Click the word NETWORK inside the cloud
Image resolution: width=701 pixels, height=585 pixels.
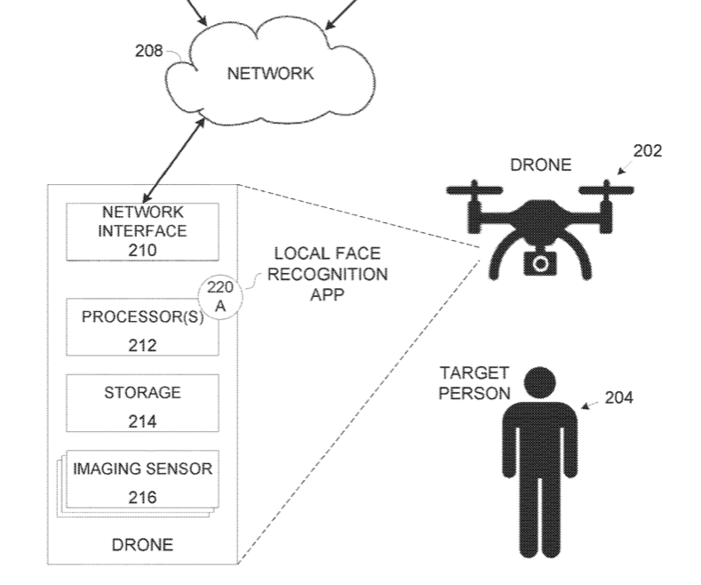[270, 74]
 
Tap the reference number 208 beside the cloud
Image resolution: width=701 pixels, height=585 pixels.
[149, 51]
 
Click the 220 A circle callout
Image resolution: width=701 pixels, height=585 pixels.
[220, 297]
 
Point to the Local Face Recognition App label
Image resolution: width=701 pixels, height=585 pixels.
[327, 274]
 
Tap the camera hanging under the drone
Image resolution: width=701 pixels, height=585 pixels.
[540, 263]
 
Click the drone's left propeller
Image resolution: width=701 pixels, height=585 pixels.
[474, 190]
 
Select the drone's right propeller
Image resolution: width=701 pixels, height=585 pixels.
[606, 190]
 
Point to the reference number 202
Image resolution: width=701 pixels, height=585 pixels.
[648, 151]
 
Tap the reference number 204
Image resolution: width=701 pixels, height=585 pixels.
[618, 397]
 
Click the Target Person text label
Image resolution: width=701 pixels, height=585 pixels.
[474, 383]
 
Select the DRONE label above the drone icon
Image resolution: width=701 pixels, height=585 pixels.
[541, 165]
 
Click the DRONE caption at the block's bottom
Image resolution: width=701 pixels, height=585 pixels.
[143, 545]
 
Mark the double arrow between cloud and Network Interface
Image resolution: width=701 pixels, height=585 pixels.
[173, 160]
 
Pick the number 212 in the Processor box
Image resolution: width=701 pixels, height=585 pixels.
[143, 346]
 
